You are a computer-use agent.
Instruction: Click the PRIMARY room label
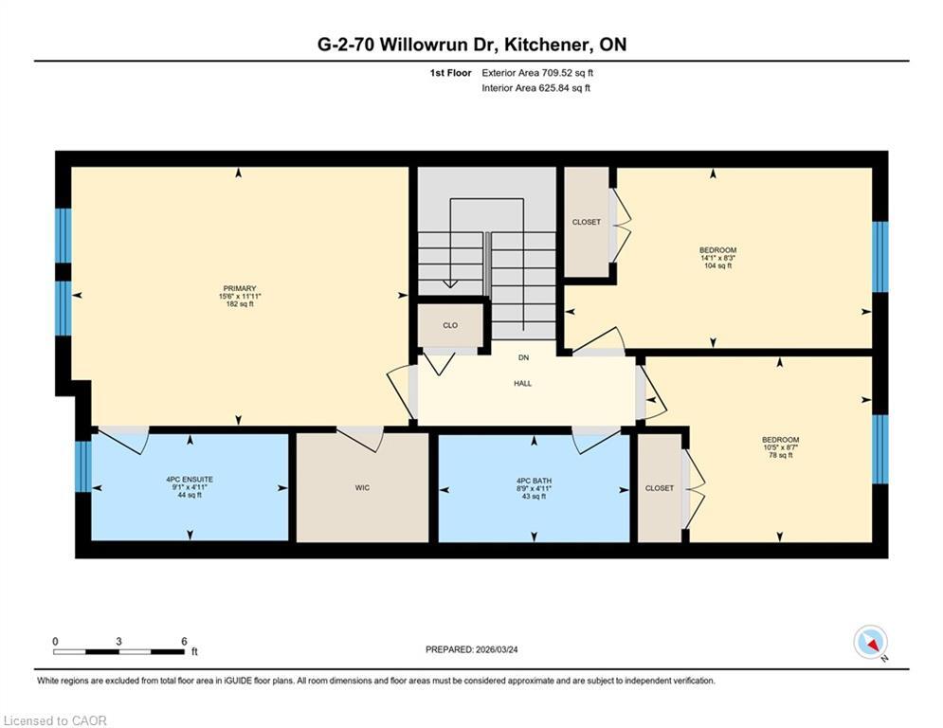coord(240,288)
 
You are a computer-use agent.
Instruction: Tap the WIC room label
coord(362,488)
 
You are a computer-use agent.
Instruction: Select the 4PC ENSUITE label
coord(190,480)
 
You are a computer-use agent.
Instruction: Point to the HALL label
coord(523,384)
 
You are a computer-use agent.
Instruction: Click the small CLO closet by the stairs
coord(450,325)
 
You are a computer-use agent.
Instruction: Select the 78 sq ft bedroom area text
coord(780,455)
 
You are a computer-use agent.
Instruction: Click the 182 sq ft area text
coord(240,304)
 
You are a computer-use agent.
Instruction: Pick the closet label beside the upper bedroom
coord(586,222)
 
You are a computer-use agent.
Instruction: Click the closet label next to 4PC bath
coord(659,488)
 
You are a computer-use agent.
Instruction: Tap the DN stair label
coord(523,357)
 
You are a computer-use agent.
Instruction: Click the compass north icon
coord(869,643)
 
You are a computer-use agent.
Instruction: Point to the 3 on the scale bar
coord(118,642)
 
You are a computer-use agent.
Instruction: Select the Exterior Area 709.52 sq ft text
coord(537,72)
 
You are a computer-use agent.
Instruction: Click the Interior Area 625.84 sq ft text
coord(535,88)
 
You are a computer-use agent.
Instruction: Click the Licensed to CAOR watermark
coord(55,720)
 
